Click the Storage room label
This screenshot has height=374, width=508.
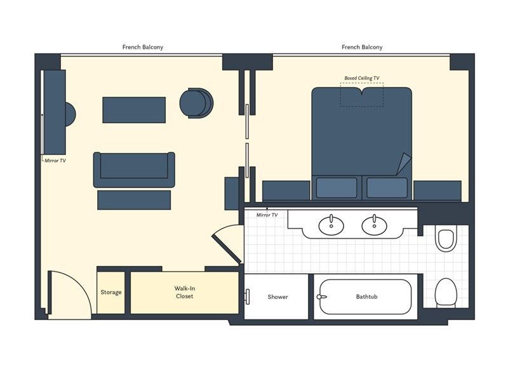click(110, 292)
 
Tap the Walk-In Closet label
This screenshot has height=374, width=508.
click(184, 292)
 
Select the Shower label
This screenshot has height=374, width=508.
click(277, 297)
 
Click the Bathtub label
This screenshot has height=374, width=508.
click(366, 297)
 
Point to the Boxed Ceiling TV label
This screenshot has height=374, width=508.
click(361, 78)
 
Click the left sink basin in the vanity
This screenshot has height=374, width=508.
click(331, 225)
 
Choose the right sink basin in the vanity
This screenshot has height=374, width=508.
click(374, 225)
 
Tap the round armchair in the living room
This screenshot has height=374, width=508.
click(196, 103)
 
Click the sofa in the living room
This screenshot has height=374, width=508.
click(134, 170)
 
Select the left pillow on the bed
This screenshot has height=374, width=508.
click(337, 188)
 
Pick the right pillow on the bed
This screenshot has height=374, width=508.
click(387, 188)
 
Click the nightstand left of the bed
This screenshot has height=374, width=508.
click(286, 191)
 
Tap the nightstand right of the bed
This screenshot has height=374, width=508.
click(438, 191)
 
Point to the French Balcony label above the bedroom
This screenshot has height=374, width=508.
click(362, 47)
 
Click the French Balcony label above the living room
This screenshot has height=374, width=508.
click(142, 47)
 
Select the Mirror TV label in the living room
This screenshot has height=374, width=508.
click(55, 161)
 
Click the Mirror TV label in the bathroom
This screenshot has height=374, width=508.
click(267, 215)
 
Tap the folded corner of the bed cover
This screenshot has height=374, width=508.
click(404, 164)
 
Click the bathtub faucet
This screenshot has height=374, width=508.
click(321, 297)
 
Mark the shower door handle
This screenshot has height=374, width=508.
click(248, 297)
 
